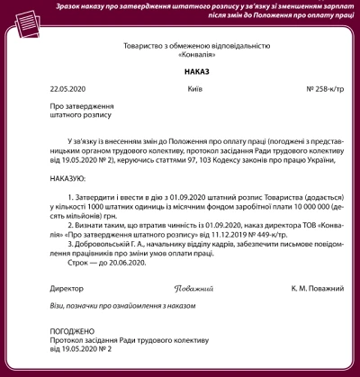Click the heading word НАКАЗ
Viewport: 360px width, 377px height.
(x=180, y=68)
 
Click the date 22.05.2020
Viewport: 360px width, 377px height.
(x=67, y=88)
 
